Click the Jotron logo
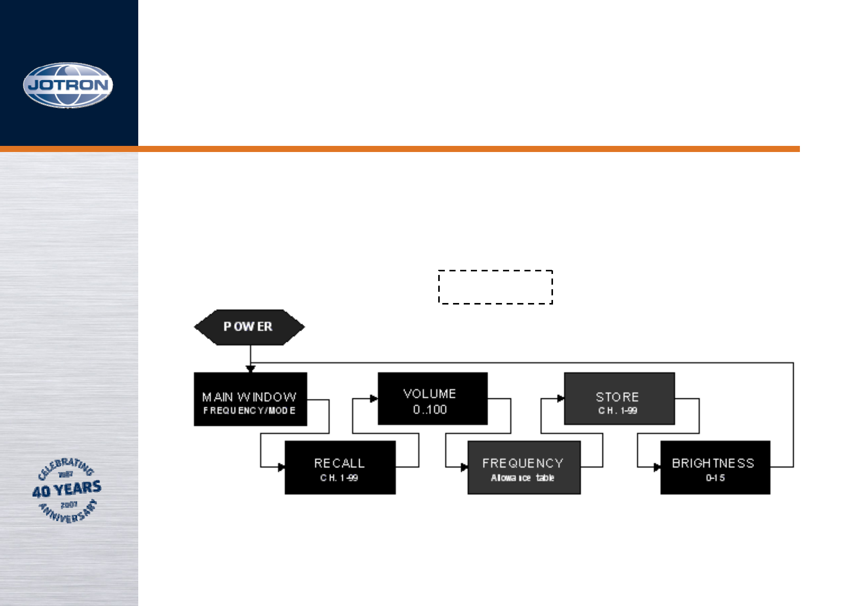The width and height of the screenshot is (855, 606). (68, 85)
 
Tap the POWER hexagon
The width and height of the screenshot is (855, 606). (249, 327)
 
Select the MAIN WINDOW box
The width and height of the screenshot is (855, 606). (250, 399)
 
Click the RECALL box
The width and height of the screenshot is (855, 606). (340, 467)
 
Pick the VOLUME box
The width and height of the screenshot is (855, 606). (432, 398)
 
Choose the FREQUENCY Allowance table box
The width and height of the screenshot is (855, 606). (524, 467)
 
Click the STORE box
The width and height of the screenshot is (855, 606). (619, 398)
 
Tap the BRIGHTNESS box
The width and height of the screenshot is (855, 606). (715, 467)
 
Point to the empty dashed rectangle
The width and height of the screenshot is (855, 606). (495, 287)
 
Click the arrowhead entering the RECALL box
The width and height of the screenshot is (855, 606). (281, 467)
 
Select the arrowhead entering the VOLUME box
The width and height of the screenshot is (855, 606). (374, 398)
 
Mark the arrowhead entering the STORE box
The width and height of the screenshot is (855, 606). (561, 398)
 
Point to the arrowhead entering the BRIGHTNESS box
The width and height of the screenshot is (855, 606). (657, 467)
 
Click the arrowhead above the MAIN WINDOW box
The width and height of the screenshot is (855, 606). (250, 368)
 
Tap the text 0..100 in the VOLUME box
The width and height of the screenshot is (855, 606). (430, 410)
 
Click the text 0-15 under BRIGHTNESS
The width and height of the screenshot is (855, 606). (715, 478)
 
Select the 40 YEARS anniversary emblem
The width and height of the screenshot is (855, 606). (67, 490)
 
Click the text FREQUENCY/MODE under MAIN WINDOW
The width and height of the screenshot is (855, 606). (249, 411)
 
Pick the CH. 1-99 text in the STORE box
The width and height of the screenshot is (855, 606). (618, 411)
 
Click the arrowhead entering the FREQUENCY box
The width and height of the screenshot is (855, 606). (464, 467)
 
